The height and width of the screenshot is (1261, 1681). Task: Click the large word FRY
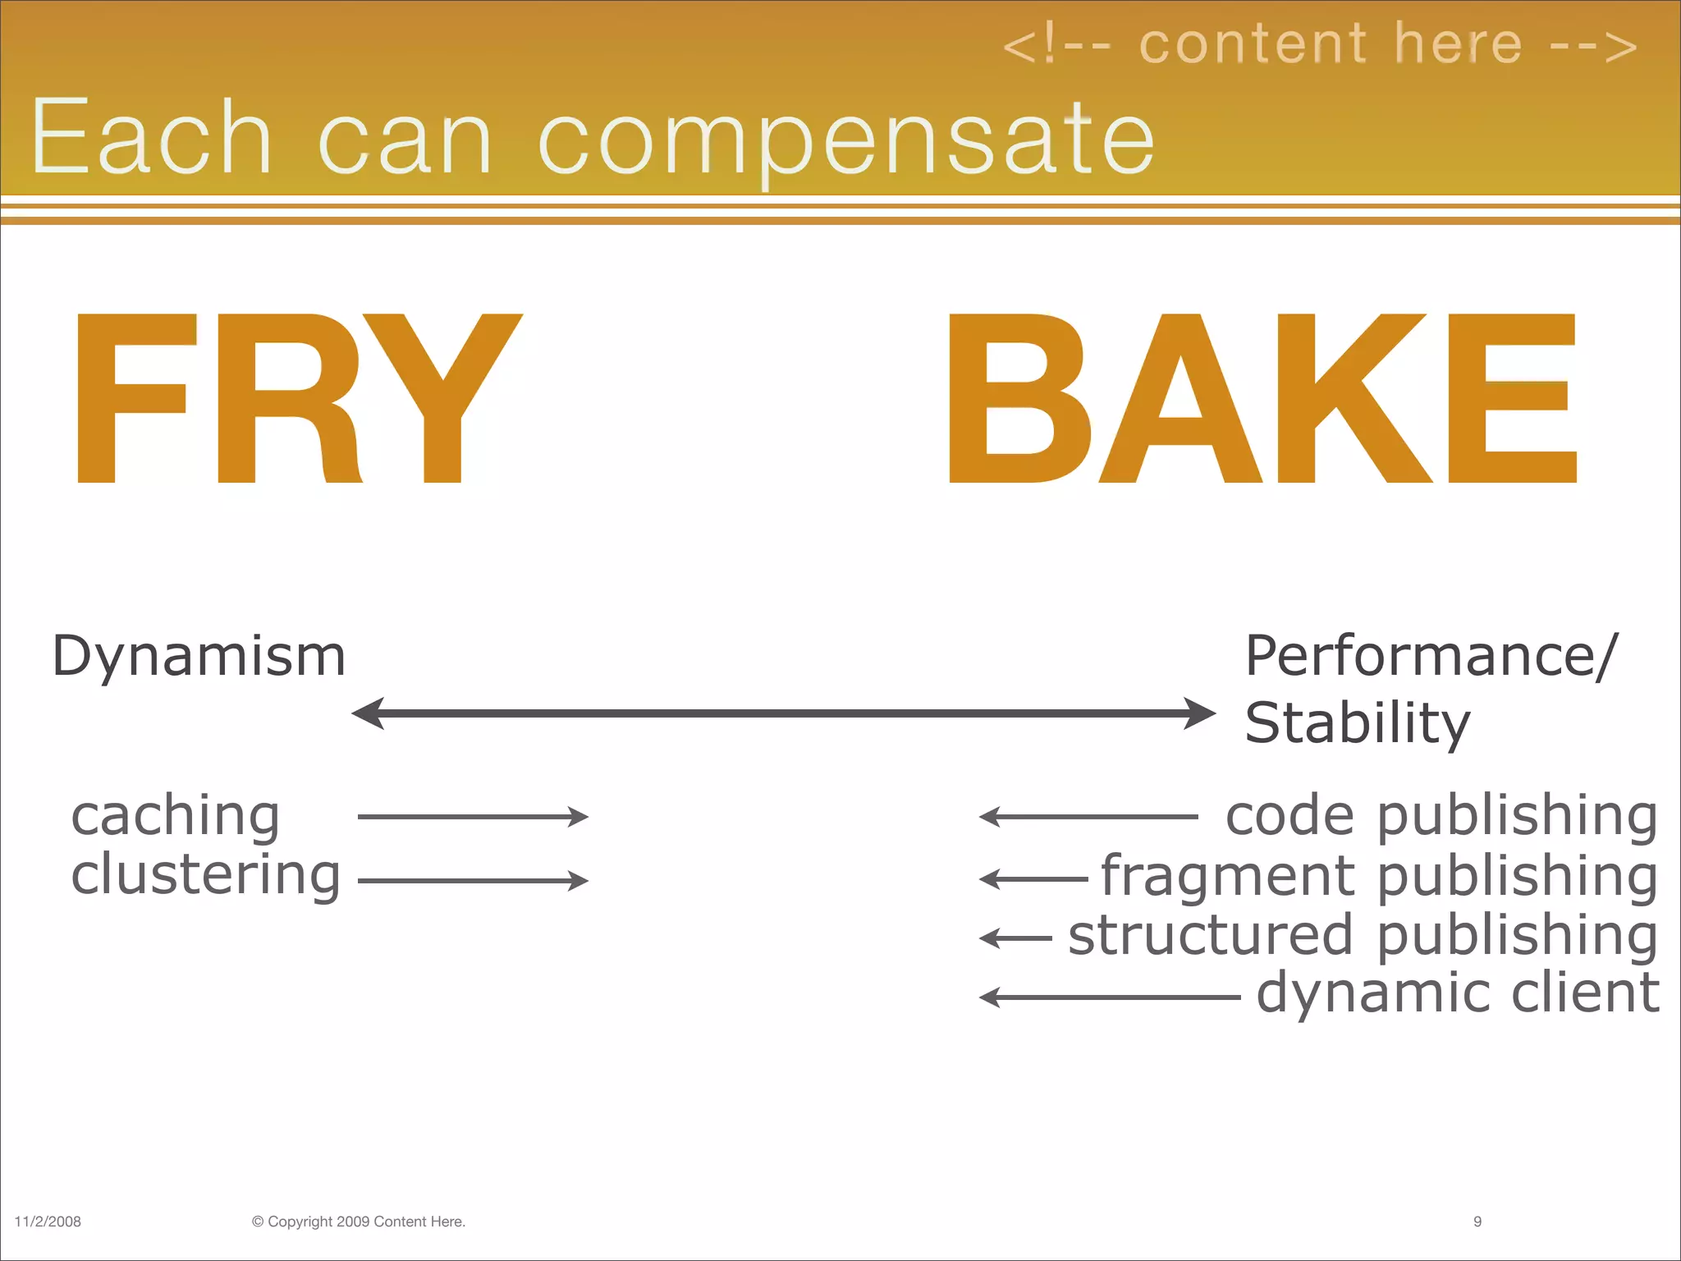tap(297, 398)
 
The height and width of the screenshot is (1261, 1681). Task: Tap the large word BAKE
tap(1262, 398)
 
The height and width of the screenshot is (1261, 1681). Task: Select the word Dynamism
tap(199, 656)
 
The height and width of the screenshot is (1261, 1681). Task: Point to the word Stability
tap(1358, 723)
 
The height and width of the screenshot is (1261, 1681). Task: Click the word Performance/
tap(1431, 656)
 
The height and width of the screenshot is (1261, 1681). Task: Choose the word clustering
tap(205, 875)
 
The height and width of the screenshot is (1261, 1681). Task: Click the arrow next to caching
tap(473, 817)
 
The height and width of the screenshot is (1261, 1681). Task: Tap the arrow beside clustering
tap(473, 881)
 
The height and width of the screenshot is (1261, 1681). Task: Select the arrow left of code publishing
tap(1088, 817)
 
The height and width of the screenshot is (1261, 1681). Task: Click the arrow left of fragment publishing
tap(1034, 879)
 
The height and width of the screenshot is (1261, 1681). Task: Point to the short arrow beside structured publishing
tap(1016, 938)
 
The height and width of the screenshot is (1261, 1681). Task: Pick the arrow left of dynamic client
tap(1110, 997)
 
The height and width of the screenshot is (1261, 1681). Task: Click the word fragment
tap(1228, 875)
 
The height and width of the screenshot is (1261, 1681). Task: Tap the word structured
tap(1210, 935)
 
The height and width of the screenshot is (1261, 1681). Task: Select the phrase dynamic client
tap(1458, 993)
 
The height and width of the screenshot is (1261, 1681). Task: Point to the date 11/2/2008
tap(48, 1222)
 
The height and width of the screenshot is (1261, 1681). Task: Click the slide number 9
tap(1477, 1222)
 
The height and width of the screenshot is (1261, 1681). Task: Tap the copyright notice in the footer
tap(359, 1222)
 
